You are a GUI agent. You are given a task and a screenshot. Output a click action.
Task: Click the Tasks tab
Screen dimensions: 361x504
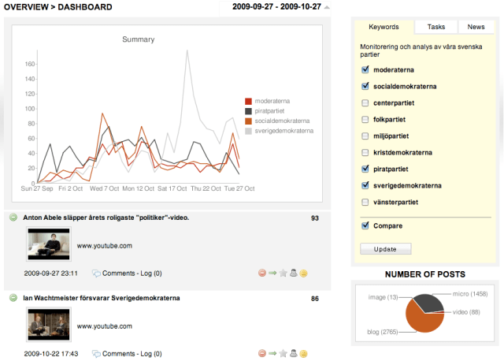435,27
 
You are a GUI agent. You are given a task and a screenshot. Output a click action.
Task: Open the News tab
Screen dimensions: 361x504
476,27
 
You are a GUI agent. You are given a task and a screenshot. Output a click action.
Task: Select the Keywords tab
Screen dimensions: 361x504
384,27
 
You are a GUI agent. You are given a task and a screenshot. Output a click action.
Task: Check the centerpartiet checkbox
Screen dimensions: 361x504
365,103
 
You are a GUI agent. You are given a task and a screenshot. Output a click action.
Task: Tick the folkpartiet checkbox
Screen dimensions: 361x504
365,120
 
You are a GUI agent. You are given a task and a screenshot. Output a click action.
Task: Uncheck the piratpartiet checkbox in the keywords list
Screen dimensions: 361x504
365,169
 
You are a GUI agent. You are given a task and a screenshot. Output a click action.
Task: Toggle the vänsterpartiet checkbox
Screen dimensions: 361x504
365,202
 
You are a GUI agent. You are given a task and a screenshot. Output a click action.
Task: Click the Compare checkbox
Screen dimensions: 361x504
365,225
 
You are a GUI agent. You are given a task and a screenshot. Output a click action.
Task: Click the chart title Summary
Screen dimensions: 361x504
138,39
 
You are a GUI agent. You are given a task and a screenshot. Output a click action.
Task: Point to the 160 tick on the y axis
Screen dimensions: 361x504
30,65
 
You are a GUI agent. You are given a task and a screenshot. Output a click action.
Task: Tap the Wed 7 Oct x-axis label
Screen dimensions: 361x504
104,189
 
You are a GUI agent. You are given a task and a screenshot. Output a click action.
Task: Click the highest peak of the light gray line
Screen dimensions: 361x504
187,51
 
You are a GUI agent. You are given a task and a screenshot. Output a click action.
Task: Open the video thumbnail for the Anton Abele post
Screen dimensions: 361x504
49,244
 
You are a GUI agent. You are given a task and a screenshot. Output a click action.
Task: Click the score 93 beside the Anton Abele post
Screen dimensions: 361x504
314,218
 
